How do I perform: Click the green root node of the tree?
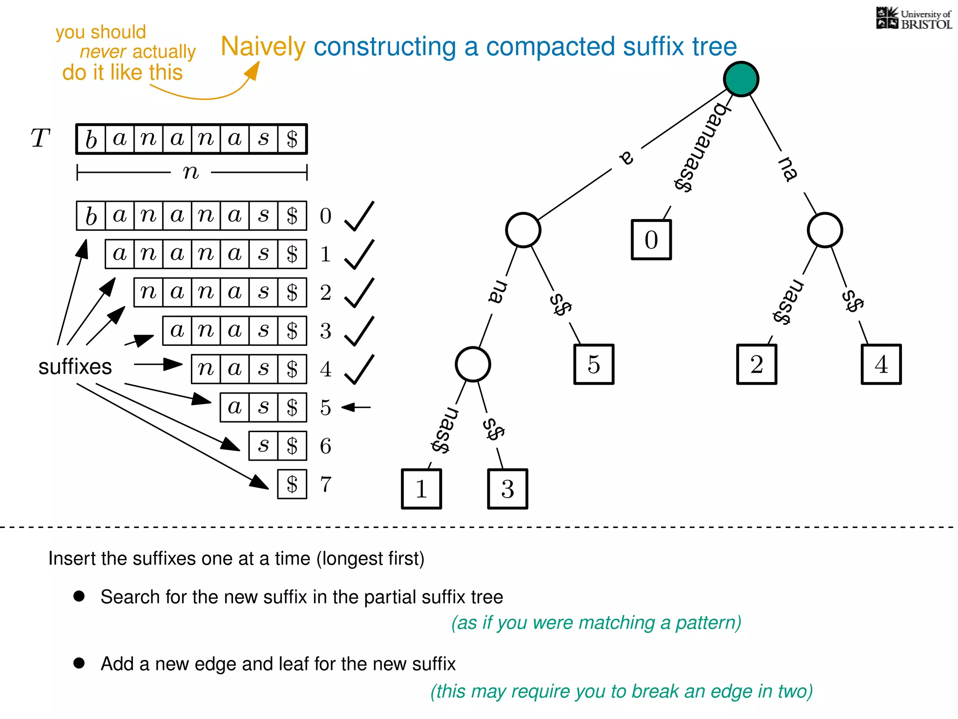coord(741,79)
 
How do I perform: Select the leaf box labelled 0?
coord(651,240)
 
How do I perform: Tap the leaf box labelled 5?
coord(594,364)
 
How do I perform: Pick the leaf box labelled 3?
coord(508,489)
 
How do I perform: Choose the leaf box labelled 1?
coord(421,489)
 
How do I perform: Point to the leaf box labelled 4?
coord(881,364)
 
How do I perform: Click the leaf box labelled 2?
coord(756,364)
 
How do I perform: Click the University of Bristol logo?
coord(914,19)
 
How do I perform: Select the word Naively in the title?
coord(263,47)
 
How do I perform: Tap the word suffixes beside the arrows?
coord(75,367)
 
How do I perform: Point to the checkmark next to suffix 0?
coord(359,216)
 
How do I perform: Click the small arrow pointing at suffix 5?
coord(356,408)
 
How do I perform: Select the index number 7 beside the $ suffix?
coord(326,484)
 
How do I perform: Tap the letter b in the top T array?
coord(91,139)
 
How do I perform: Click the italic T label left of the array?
coord(40,138)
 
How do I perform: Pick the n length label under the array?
coord(191,172)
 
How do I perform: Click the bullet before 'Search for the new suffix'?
coord(79,596)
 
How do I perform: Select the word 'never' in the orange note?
coord(103,51)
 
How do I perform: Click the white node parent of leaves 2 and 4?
coord(825,230)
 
